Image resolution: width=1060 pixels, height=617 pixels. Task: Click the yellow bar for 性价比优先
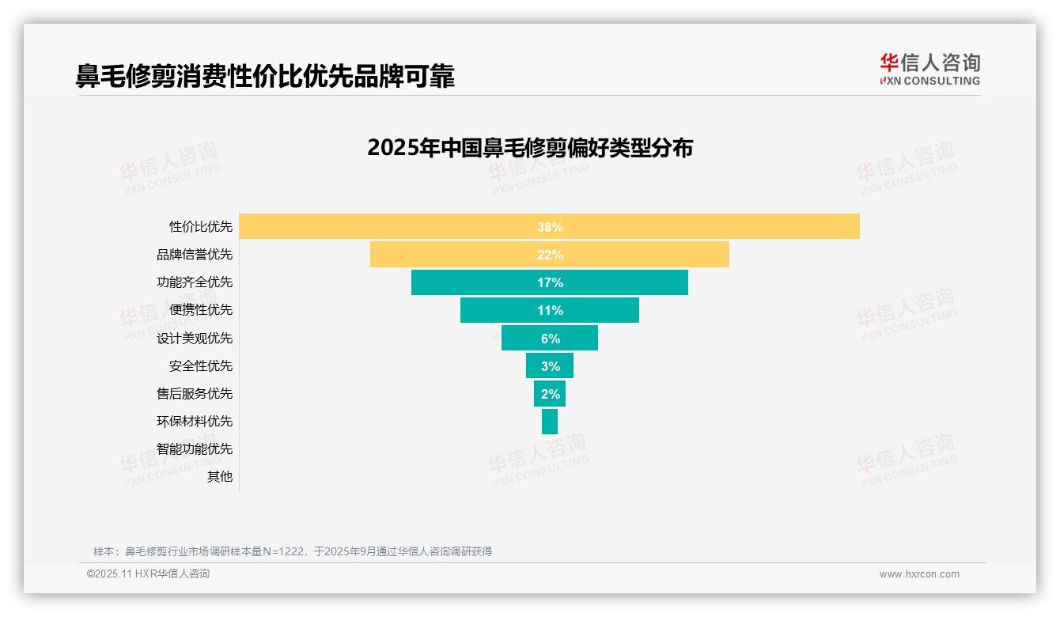(x=396, y=226)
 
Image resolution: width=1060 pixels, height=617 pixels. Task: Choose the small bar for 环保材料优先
(x=550, y=422)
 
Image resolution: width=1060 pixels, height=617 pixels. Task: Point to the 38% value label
(x=550, y=227)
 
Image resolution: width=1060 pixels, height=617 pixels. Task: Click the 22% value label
(x=550, y=255)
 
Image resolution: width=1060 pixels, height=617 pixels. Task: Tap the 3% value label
(x=551, y=366)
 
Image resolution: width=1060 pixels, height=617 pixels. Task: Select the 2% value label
(x=551, y=394)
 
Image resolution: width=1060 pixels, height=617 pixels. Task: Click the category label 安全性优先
(x=201, y=366)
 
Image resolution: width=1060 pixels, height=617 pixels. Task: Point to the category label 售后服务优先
(x=195, y=394)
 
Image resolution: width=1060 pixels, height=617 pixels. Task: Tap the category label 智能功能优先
(x=195, y=449)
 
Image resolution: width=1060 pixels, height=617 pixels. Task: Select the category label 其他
(x=220, y=477)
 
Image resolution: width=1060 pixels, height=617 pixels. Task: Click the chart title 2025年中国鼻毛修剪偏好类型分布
(x=530, y=148)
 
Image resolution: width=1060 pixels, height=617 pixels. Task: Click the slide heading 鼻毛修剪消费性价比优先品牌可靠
(x=265, y=76)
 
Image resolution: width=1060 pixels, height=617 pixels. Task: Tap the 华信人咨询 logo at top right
(x=929, y=69)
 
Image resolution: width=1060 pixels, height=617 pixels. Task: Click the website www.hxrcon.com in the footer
(x=919, y=574)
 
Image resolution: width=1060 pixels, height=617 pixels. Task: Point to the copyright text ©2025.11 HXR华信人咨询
(x=148, y=574)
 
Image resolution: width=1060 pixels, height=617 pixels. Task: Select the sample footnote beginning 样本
(x=293, y=551)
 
